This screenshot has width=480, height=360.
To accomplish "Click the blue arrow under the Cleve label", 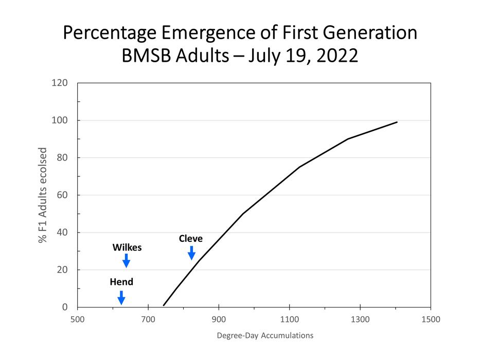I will pos(191,253).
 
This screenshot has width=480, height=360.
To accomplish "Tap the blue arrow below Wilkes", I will pos(126,261).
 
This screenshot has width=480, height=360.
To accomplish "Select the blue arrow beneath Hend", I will pos(121,297).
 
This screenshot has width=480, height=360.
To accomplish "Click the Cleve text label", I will pos(191,239).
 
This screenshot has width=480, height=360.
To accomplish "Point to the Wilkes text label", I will pos(127,247).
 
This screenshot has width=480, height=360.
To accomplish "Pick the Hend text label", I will pos(121,282).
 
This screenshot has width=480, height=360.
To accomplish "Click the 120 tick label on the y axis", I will pos(61,83).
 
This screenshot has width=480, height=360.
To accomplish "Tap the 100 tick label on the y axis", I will pos(61,120).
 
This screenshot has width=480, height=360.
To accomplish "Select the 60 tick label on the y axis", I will pos(63,195).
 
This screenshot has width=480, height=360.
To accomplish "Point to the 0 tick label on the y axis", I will pos(65,307).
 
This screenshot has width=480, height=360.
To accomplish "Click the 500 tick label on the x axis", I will pos(78,319).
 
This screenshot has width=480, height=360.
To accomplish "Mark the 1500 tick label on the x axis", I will pos(430,319).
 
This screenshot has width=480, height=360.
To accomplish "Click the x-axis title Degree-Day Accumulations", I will pos(264,336).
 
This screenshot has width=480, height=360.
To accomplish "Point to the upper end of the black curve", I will pos(397,122).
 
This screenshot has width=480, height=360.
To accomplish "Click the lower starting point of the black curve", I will pos(164,305).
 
